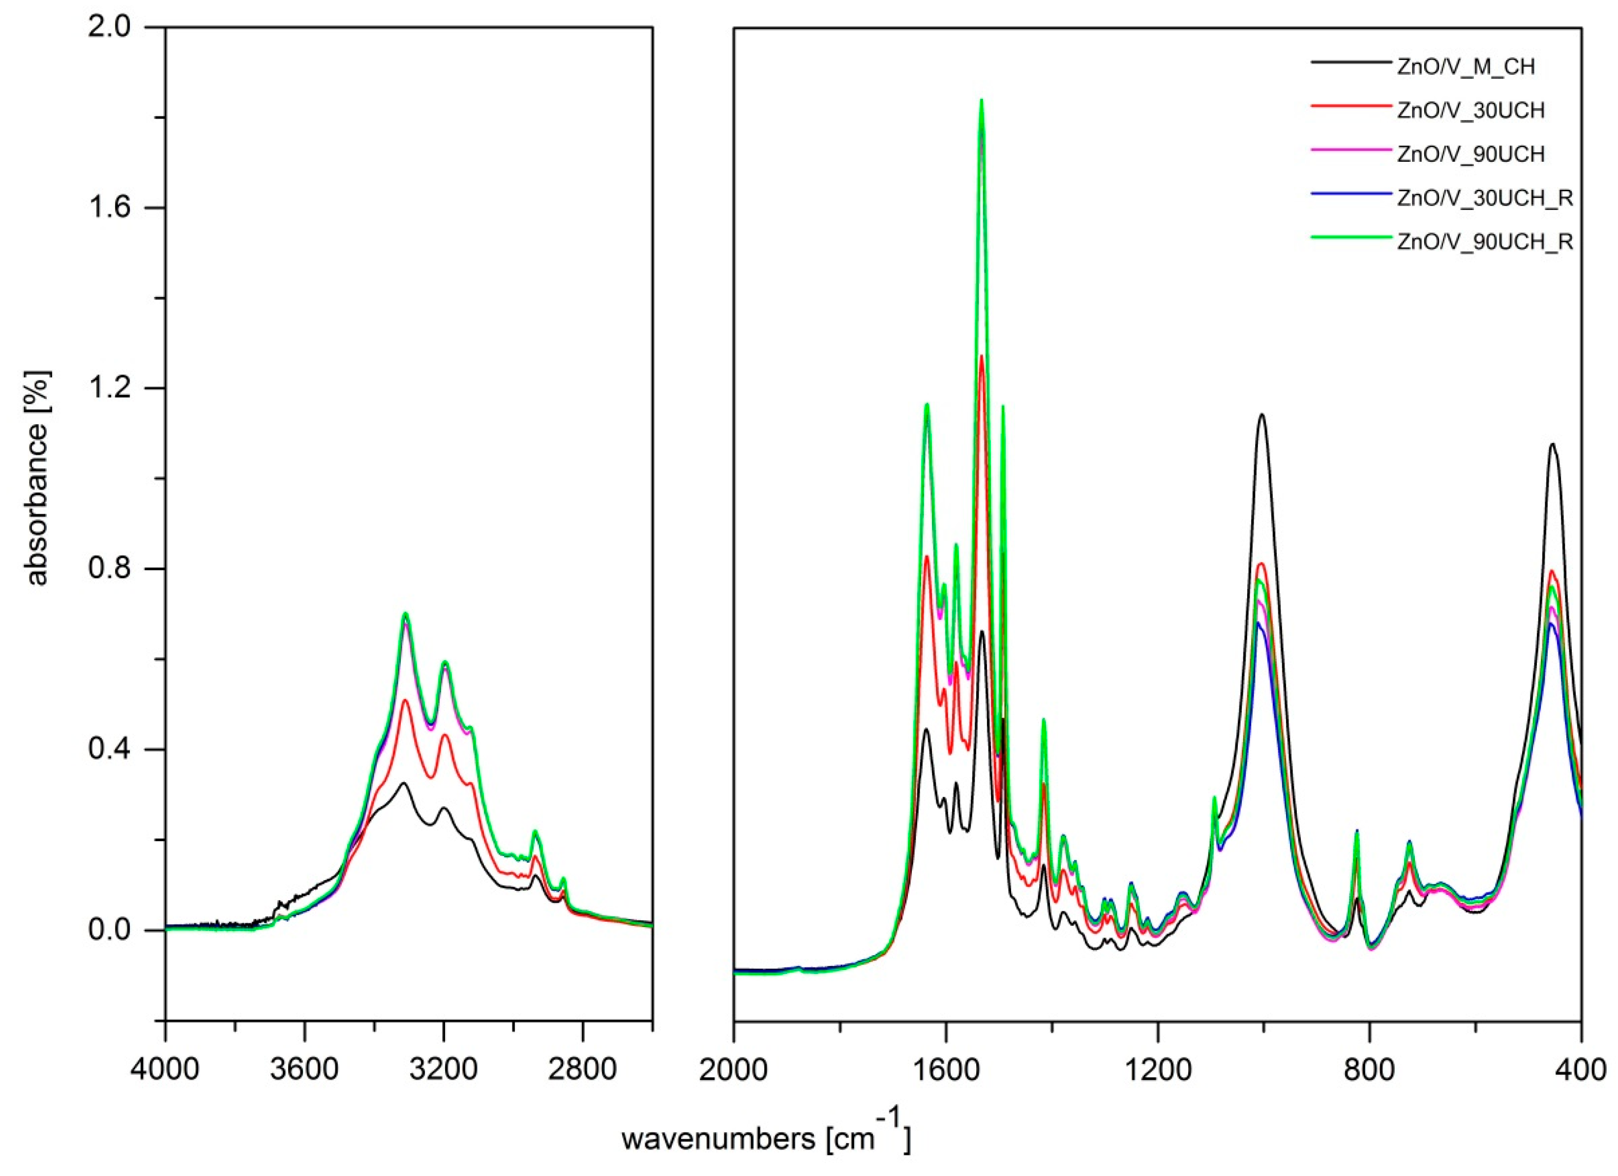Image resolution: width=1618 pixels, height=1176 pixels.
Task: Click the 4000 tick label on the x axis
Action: coord(166,1071)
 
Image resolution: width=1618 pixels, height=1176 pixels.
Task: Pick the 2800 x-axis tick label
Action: coord(583,1071)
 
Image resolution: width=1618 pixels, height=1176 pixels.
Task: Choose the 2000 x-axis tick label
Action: coord(734,1071)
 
